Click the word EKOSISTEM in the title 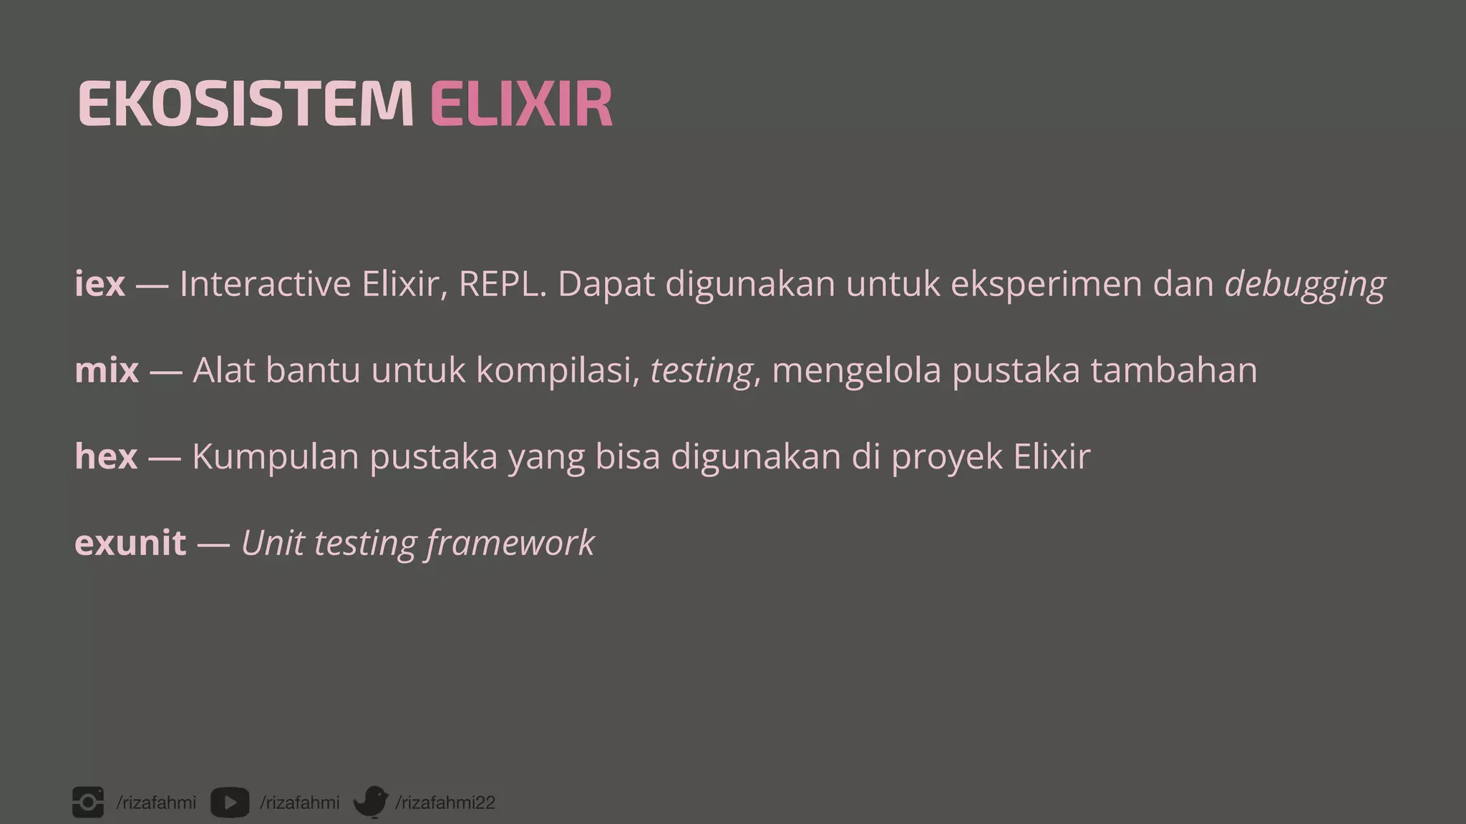245,104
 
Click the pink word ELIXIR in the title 521,104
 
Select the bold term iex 99,284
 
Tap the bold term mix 107,371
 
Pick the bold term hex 106,456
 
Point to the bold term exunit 130,543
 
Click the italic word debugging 1305,284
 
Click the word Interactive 265,284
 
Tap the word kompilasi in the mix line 558,371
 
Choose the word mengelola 856,371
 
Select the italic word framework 510,543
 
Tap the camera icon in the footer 88,802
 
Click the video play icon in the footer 230,803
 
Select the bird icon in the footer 371,802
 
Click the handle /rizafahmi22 445,803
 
